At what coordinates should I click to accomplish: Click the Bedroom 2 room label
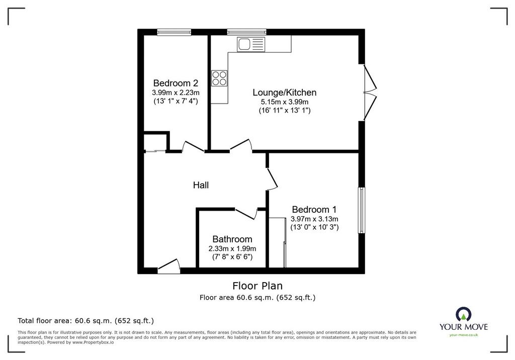[176, 83]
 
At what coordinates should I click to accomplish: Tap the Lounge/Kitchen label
[285, 93]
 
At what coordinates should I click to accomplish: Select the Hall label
[201, 185]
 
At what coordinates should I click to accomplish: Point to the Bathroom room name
[232, 239]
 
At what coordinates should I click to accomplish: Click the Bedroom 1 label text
[314, 210]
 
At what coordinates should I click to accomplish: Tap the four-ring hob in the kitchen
[219, 78]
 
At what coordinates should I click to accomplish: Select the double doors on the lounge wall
[370, 93]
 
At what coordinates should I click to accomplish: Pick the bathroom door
[246, 213]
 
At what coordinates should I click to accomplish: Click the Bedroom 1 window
[362, 210]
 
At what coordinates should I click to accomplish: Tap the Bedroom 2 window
[174, 32]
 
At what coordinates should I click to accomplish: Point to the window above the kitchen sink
[246, 32]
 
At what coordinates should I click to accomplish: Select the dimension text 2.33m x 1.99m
[232, 249]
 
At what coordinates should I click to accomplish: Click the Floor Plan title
[257, 286]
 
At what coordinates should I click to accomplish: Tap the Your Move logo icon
[463, 314]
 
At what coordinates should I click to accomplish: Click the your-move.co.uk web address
[464, 335]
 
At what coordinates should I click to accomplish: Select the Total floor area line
[85, 321]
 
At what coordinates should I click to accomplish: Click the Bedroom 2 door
[193, 147]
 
